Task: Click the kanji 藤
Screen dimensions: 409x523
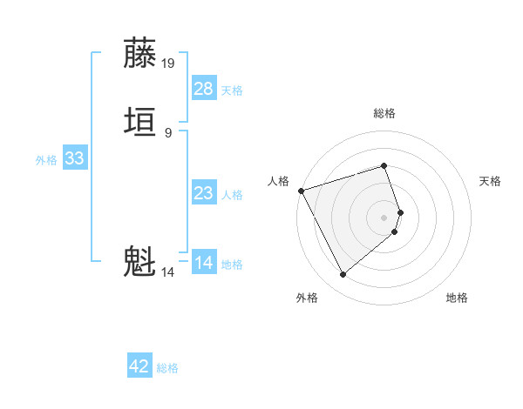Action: [x=139, y=54]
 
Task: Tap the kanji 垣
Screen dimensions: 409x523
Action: [x=139, y=122]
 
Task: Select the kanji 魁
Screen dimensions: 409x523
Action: [x=139, y=261]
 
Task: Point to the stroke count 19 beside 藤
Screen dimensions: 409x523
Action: [x=168, y=64]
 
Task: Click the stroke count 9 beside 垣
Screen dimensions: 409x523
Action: [x=168, y=132]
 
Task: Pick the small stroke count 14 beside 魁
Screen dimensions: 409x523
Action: [x=168, y=272]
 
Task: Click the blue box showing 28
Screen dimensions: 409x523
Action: [x=204, y=88]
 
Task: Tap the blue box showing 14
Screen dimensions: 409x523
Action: [x=204, y=262]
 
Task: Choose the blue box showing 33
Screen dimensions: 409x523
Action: [x=74, y=158]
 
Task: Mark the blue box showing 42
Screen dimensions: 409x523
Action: [x=139, y=366]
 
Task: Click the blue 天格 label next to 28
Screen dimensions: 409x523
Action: [x=232, y=90]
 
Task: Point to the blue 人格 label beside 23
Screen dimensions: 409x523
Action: [x=232, y=194]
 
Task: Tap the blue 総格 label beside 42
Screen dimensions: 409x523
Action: [x=167, y=368]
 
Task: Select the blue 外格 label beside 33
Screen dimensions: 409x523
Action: [x=46, y=160]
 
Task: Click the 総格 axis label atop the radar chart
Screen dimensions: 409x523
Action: [x=384, y=113]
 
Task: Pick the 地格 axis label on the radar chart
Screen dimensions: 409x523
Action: [x=457, y=298]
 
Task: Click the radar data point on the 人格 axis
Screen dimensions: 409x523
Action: [x=301, y=191]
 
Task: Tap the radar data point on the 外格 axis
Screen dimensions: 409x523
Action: [x=343, y=275]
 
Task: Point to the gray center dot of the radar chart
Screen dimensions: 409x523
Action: [x=384, y=217]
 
